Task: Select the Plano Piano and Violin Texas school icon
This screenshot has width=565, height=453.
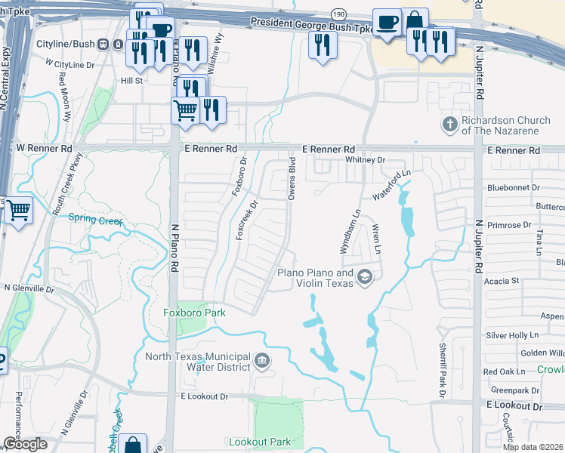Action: (366, 277)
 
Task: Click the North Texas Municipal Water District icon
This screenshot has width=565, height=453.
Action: (262, 359)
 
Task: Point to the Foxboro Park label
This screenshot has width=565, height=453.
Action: (195, 312)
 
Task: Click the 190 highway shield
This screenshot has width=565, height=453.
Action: (340, 14)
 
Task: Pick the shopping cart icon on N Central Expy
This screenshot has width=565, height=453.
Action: (18, 211)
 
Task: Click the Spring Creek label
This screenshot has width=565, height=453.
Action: (95, 219)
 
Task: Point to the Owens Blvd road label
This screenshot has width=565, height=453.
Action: (291, 179)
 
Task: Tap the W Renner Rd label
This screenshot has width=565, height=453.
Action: (45, 150)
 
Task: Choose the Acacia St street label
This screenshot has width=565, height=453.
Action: (505, 280)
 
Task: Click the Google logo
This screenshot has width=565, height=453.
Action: (24, 444)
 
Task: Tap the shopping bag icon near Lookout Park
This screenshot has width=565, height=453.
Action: (133, 445)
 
